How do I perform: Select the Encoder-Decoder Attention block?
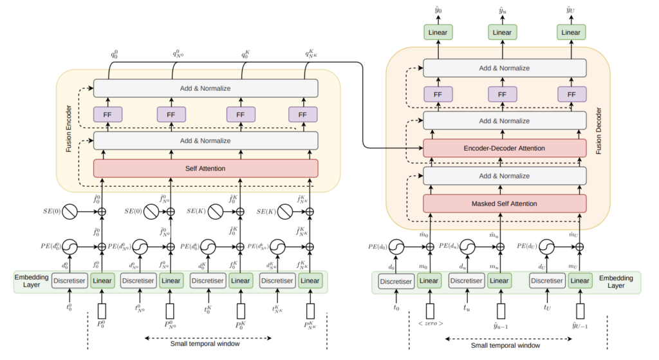tap(504, 148)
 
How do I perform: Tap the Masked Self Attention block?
tap(504, 204)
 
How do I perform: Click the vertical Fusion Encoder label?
tap(69, 131)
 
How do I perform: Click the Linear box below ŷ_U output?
tap(570, 32)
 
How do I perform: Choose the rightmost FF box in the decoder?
tap(570, 95)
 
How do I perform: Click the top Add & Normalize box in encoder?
tap(206, 88)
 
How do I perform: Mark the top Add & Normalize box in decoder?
tap(504, 68)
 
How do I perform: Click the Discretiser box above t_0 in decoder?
tap(396, 281)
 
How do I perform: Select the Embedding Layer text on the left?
tap(32, 281)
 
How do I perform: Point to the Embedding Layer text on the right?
tap(620, 282)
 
